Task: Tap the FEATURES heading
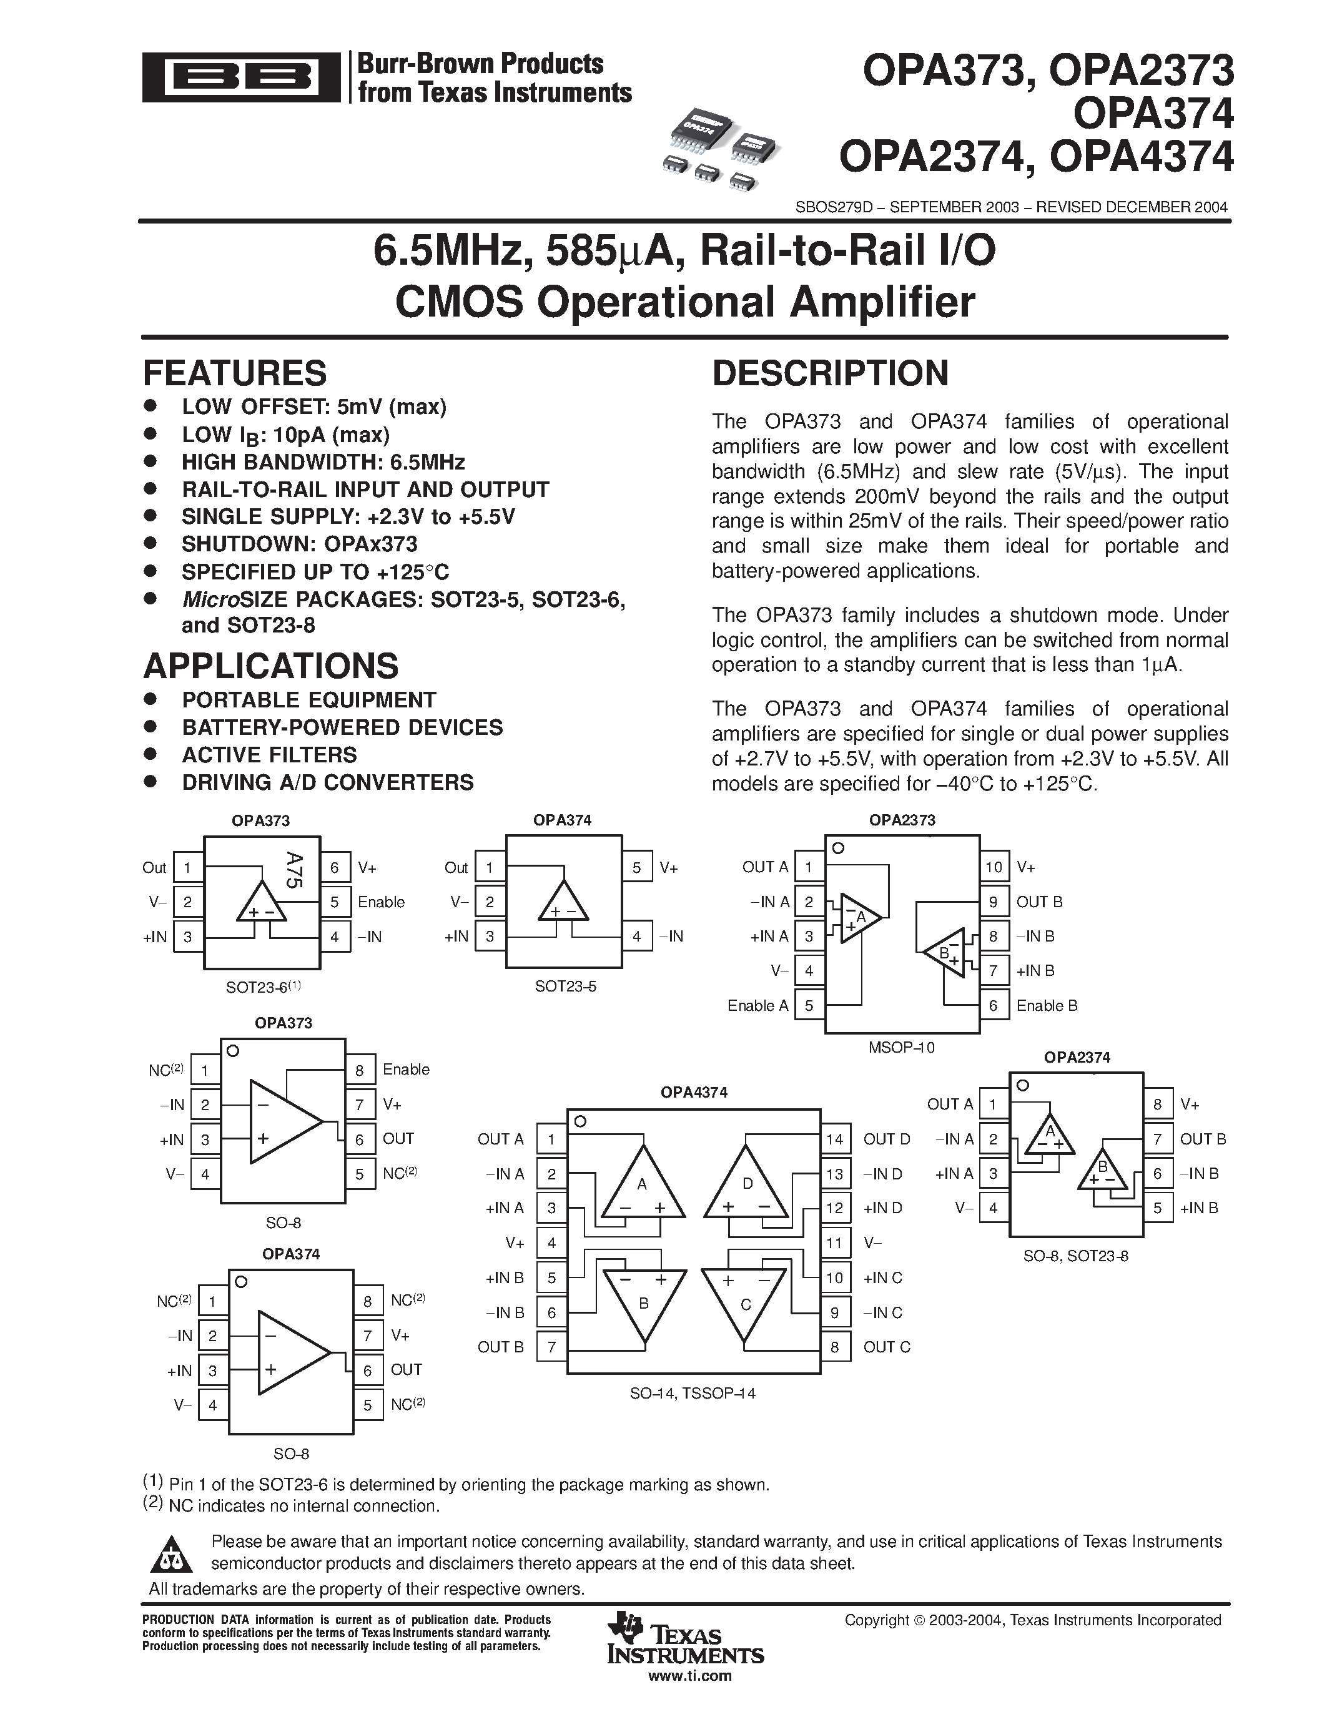point(234,373)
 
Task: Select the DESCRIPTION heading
point(830,373)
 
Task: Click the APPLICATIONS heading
point(270,666)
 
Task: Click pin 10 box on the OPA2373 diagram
point(994,867)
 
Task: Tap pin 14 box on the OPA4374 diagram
point(834,1139)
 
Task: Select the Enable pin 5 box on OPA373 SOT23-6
point(335,902)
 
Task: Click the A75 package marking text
point(294,870)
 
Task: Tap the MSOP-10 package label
point(902,1047)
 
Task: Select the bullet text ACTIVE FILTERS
point(269,755)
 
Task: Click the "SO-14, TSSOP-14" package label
point(693,1393)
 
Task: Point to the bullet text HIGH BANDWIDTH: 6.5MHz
point(323,462)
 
